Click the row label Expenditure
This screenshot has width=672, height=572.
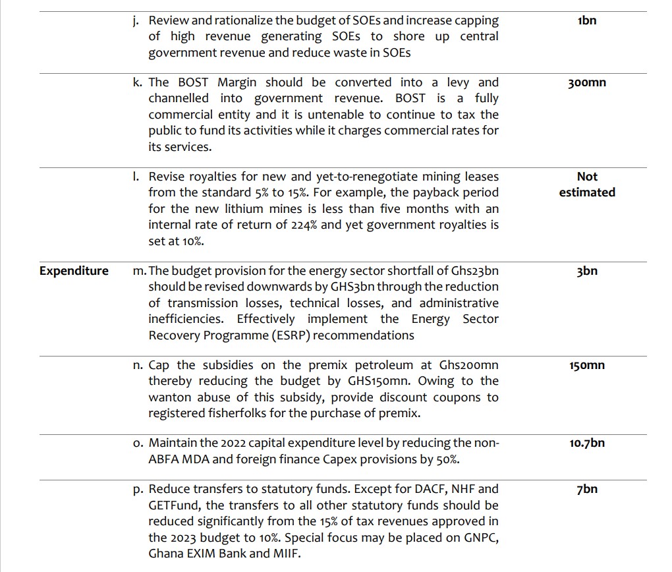click(x=74, y=271)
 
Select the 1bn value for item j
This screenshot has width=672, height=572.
click(x=586, y=20)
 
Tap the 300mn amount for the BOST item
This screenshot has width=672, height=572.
click(x=586, y=83)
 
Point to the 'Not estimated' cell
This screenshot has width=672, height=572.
click(x=586, y=185)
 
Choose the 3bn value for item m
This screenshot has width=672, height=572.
click(x=586, y=271)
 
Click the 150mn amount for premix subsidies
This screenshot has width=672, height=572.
click(x=586, y=365)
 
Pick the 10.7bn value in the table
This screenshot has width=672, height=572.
click(x=586, y=443)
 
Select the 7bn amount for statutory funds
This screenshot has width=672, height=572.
click(x=586, y=490)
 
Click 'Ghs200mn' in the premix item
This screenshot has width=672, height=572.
click(x=469, y=365)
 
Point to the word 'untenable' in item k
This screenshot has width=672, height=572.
click(x=318, y=115)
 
